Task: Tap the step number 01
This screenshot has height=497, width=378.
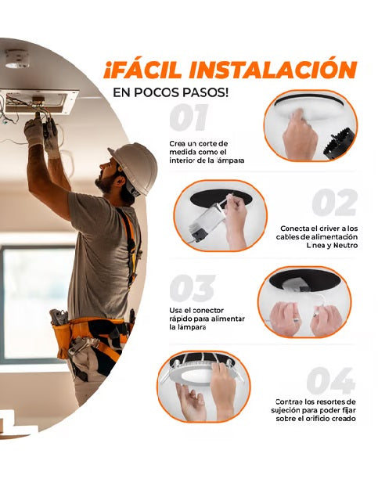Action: [x=189, y=119]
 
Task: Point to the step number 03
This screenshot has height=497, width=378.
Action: [x=192, y=289]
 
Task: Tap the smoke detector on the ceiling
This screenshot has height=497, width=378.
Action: [x=16, y=59]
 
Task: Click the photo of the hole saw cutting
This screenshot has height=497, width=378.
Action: [x=311, y=125]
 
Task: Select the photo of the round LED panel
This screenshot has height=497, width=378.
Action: [x=207, y=387]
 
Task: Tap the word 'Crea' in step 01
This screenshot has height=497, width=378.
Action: [x=177, y=144]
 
